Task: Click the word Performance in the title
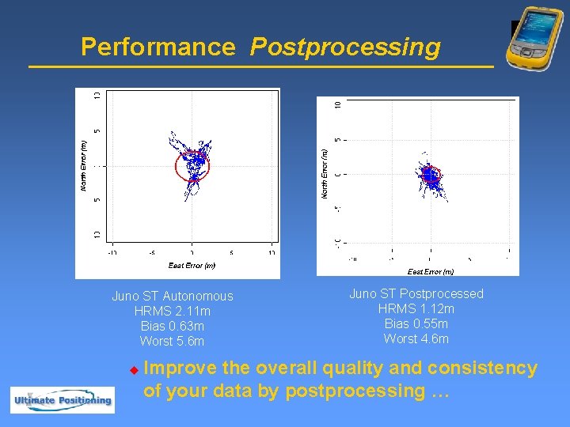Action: pyautogui.click(x=158, y=47)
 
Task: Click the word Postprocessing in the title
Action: pyautogui.click(x=345, y=47)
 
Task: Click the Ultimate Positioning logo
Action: pyautogui.click(x=63, y=400)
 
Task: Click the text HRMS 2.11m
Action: pyautogui.click(x=173, y=311)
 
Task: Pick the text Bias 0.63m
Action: pyautogui.click(x=173, y=326)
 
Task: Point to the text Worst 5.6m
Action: pyautogui.click(x=173, y=341)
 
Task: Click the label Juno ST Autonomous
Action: pyautogui.click(x=173, y=296)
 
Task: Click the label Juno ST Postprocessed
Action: pyautogui.click(x=416, y=293)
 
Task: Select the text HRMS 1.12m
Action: pyautogui.click(x=416, y=308)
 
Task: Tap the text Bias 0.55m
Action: pyautogui.click(x=416, y=323)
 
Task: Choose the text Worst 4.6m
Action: pyautogui.click(x=416, y=338)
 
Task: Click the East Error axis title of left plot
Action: pyautogui.click(x=192, y=266)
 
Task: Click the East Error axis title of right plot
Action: pyautogui.click(x=431, y=271)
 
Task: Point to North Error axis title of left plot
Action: pyautogui.click(x=83, y=164)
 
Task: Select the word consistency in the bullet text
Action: pyautogui.click(x=482, y=368)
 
